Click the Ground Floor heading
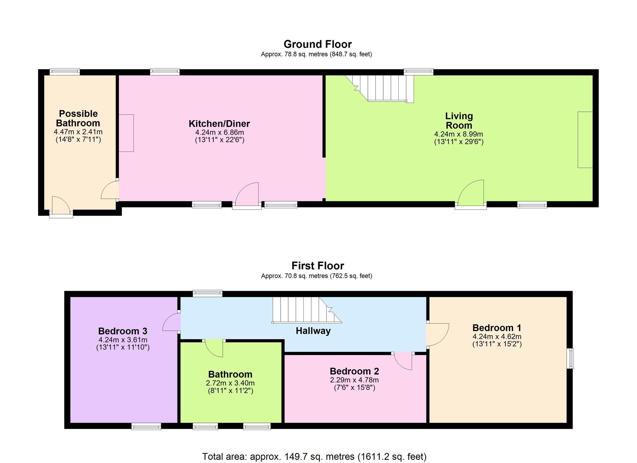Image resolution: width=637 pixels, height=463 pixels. coord(317,44)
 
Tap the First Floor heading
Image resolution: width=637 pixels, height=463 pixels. coord(318,266)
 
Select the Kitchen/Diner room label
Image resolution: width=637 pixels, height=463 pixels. coord(219,124)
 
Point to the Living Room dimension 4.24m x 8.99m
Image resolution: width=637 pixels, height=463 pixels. coord(459,134)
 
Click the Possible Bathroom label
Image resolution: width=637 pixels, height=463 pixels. coord(78,118)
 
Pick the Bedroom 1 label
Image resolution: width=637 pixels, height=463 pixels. coord(497,328)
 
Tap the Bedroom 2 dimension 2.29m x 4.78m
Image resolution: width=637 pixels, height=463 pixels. coord(354,380)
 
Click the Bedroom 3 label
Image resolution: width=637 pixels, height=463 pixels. coord(123,331)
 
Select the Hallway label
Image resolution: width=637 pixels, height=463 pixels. coord(313,331)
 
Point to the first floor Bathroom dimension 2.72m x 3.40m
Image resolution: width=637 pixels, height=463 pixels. coord(230,383)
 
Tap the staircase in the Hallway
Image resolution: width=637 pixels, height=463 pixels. coord(307,310)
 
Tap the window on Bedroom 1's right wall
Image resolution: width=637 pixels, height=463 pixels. coord(570,358)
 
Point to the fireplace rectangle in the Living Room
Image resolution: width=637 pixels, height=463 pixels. coord(585,140)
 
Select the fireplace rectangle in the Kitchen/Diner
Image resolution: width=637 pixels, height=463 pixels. coord(126,133)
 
